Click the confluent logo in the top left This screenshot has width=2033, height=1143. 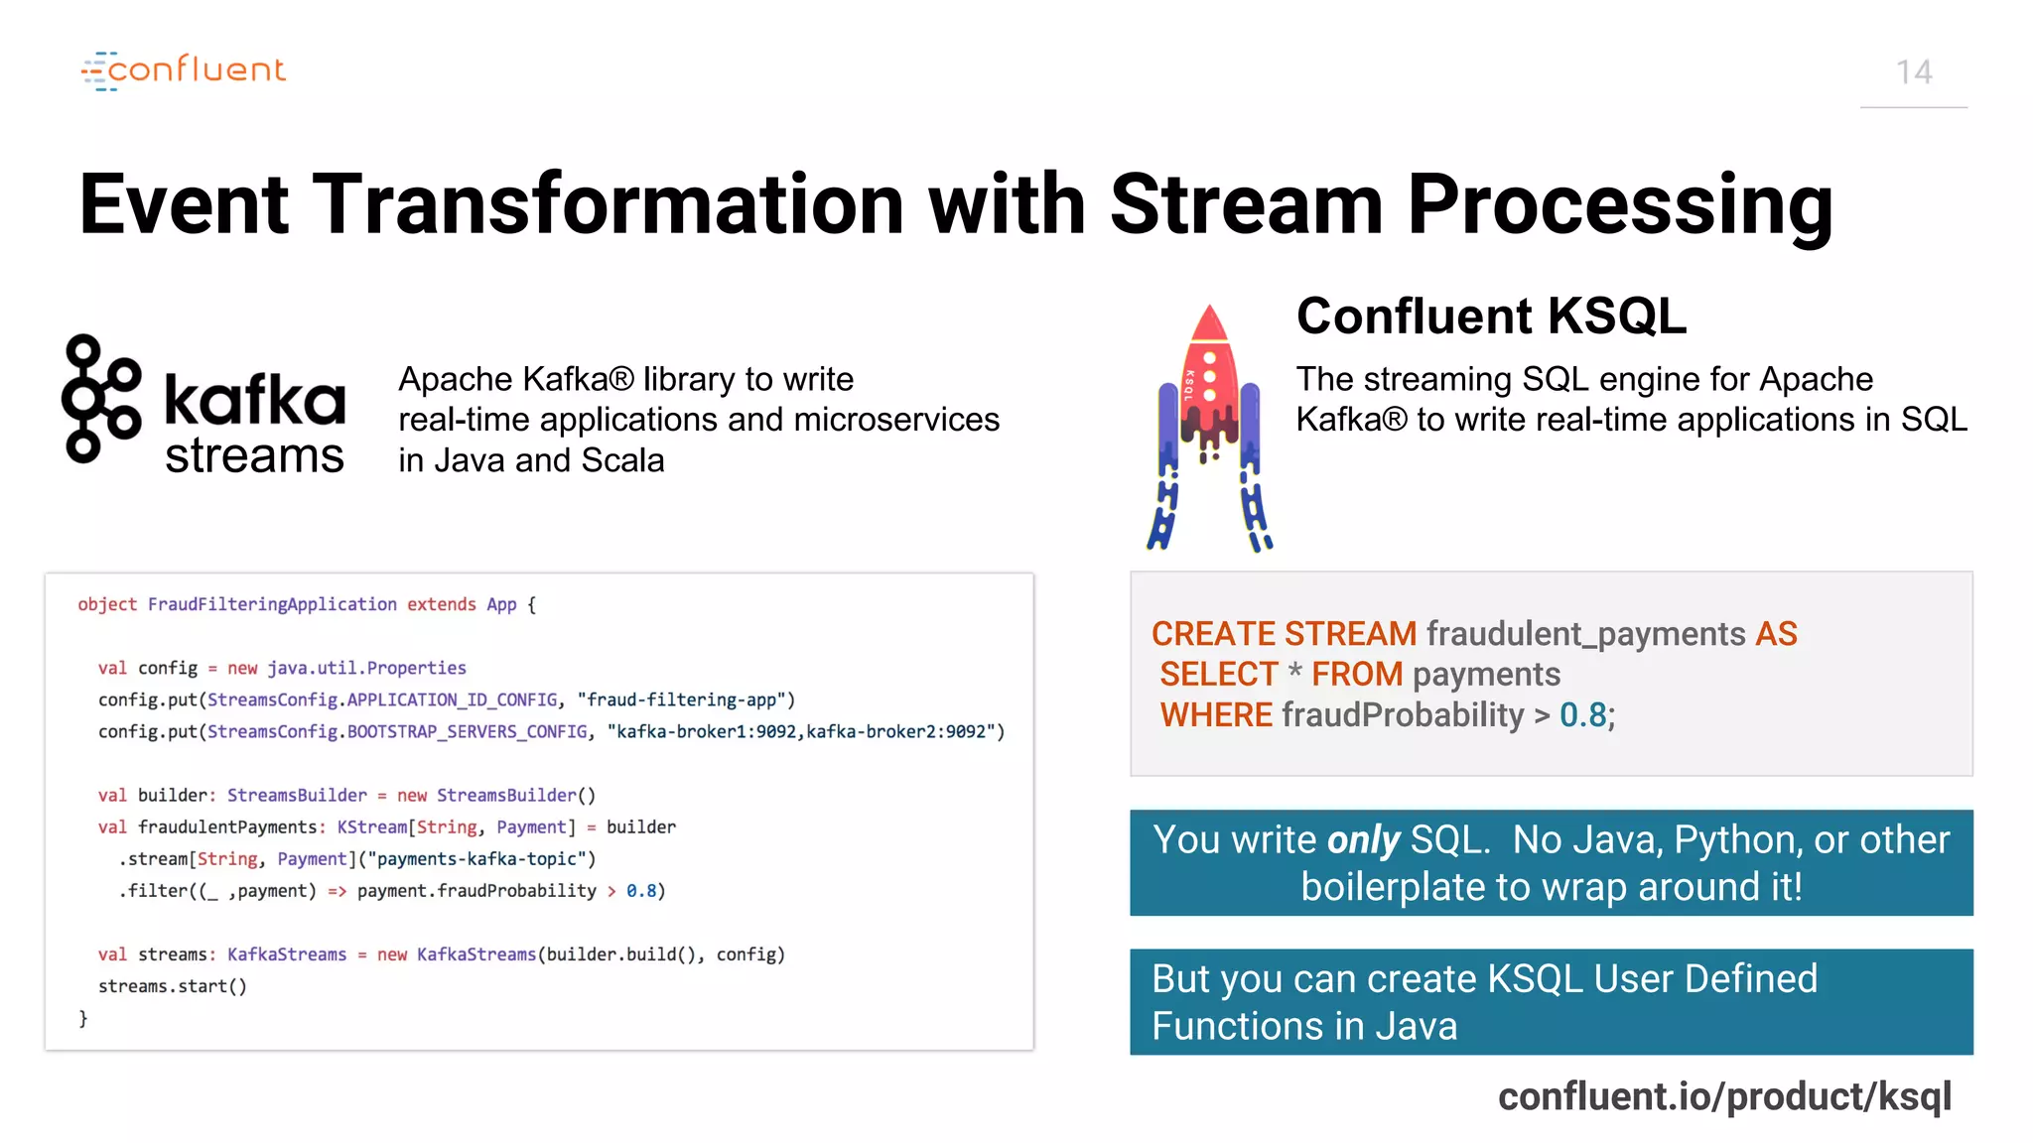click(184, 70)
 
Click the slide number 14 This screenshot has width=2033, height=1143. click(1913, 72)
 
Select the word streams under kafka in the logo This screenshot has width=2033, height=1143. click(254, 456)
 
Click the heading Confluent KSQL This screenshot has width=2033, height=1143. click(1490, 317)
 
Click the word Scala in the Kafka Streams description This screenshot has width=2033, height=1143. click(622, 460)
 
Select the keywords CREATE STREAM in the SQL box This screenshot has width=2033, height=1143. click(1284, 634)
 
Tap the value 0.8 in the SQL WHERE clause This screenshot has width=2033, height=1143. click(1582, 715)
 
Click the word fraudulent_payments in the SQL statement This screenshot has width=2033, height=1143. click(1585, 634)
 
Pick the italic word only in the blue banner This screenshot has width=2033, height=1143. click(1363, 840)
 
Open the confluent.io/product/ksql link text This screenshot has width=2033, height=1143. click(1724, 1096)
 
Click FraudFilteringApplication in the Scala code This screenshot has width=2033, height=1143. click(272, 604)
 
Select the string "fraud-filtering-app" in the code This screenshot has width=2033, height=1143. click(686, 700)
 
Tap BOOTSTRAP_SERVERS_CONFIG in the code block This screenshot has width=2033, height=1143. click(467, 732)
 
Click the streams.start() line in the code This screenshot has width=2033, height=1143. click(172, 986)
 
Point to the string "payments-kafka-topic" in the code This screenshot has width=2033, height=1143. click(481, 859)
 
